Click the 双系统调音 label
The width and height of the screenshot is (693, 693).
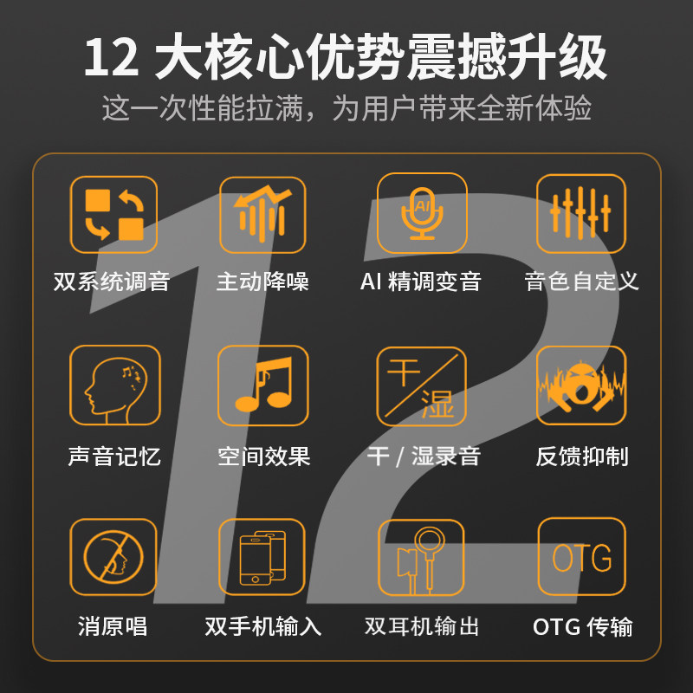(x=112, y=282)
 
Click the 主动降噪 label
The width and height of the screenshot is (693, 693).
(x=262, y=282)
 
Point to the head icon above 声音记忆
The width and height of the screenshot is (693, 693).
(x=114, y=385)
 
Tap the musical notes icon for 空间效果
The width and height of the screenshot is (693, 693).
(x=262, y=385)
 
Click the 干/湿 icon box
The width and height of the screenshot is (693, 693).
(x=422, y=385)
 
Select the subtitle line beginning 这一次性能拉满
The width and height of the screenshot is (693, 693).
(x=346, y=109)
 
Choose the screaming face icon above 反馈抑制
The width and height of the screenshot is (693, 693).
(x=581, y=385)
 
